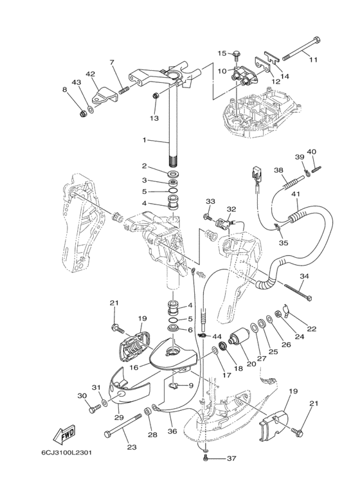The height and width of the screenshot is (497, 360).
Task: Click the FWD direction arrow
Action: [x=64, y=435]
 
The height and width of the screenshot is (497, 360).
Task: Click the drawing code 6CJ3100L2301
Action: [x=66, y=452]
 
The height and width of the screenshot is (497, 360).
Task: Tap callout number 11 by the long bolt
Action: [x=313, y=60]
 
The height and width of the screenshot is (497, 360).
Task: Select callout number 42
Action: [x=90, y=74]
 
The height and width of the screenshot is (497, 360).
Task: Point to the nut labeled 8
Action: [x=83, y=113]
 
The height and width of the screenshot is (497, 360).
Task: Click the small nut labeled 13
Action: [x=156, y=95]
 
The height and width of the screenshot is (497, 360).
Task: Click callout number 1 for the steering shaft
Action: [x=145, y=140]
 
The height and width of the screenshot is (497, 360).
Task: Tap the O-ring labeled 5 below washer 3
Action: [x=173, y=190]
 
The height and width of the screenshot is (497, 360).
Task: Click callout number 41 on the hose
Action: [x=298, y=194]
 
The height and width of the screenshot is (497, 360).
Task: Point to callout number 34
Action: [x=304, y=276]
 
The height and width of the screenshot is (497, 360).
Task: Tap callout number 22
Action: [x=312, y=329]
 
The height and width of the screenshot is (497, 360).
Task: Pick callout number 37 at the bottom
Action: [x=231, y=458]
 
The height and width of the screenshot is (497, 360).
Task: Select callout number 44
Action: [x=217, y=336]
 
